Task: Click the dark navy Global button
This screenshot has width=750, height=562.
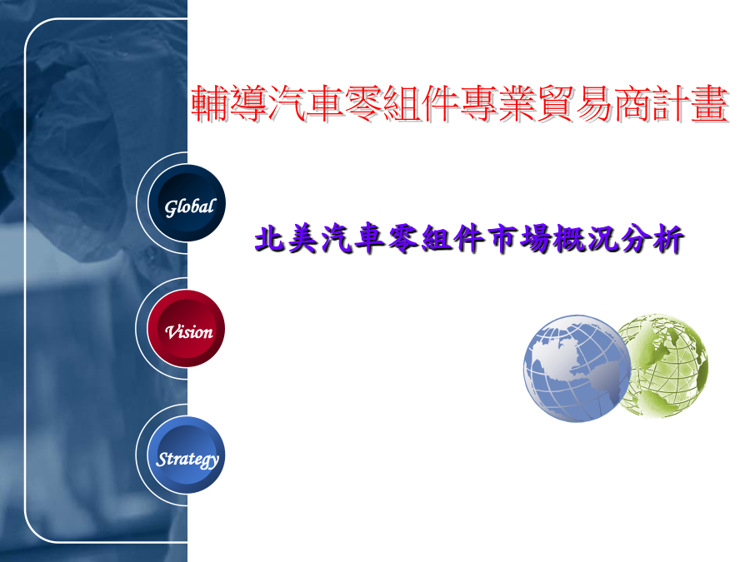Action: pos(187,203)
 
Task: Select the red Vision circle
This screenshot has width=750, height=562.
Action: pos(186,328)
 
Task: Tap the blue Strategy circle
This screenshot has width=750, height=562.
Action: pos(186,455)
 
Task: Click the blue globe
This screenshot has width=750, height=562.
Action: pos(577,368)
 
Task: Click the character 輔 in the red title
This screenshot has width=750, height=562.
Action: pos(209,103)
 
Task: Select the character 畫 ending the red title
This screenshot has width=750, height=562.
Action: pos(710,103)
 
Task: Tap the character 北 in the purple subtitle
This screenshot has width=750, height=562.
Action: pos(270,238)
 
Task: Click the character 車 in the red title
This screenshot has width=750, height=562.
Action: pos(325,103)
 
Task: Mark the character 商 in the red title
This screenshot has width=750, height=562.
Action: pos(633,103)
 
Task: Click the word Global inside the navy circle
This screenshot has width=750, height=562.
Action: pos(190,207)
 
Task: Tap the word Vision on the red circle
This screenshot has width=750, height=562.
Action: pos(189,331)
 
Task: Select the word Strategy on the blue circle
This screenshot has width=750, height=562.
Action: pos(187,460)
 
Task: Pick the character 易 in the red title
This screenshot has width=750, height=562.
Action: pos(594,103)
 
